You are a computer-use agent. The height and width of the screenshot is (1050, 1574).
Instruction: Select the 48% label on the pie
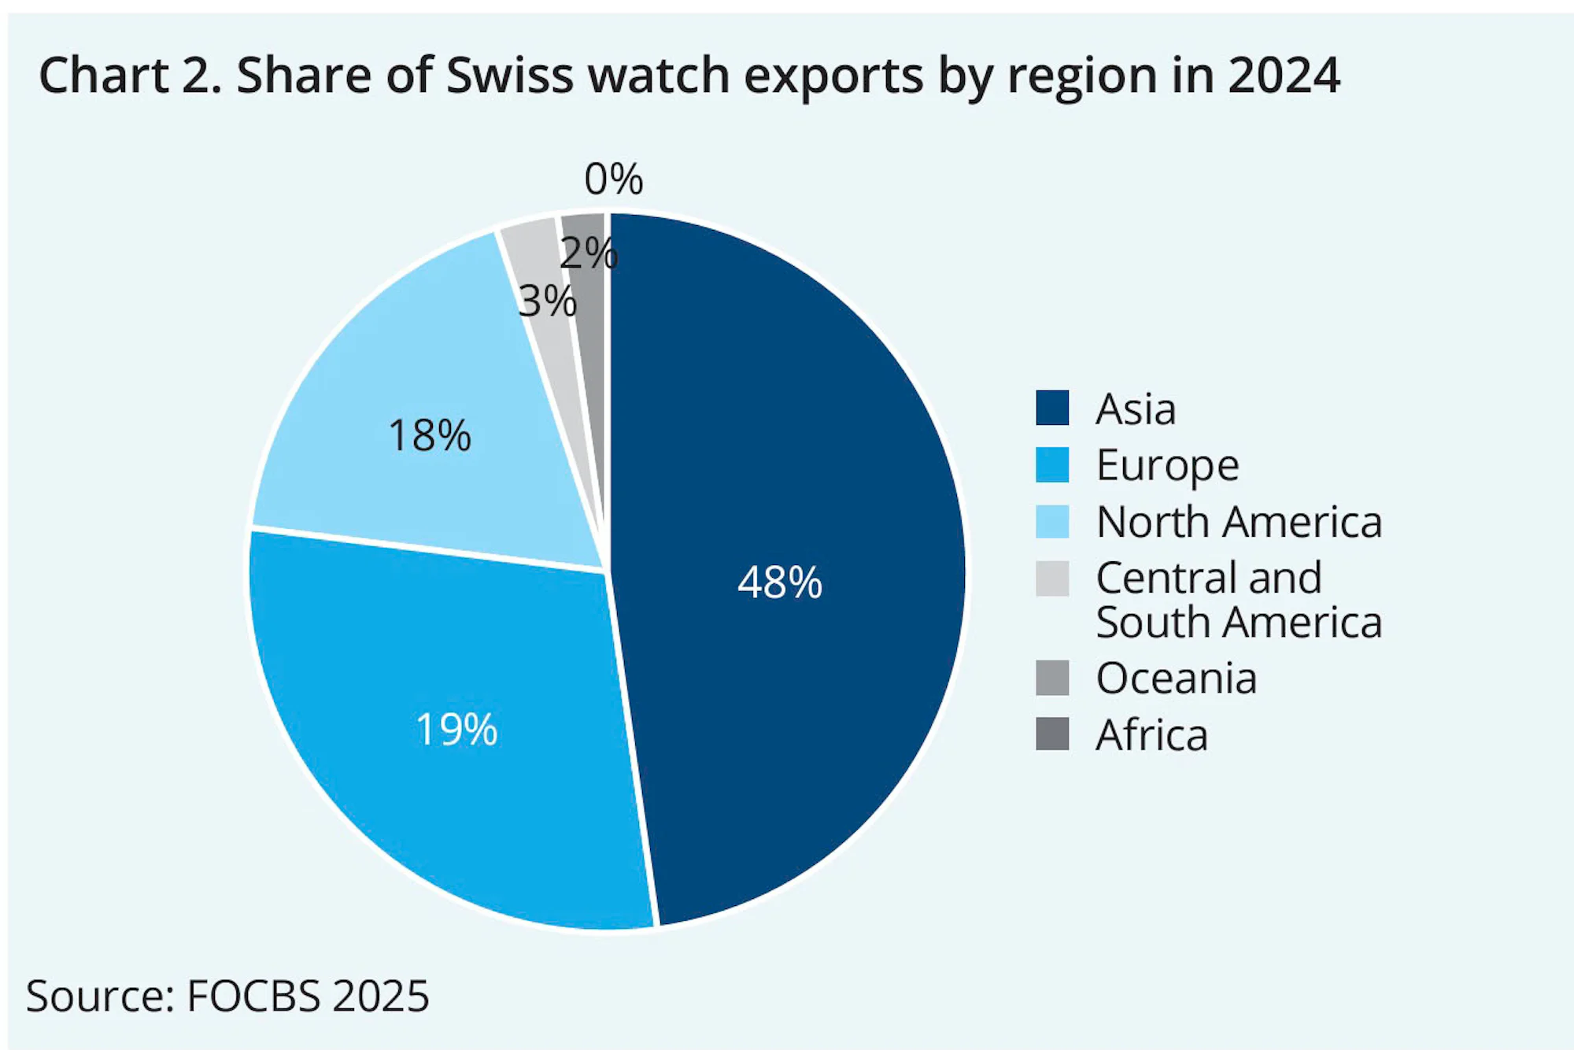pyautogui.click(x=779, y=583)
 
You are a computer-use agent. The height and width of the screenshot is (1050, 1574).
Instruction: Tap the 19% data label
pyautogui.click(x=456, y=730)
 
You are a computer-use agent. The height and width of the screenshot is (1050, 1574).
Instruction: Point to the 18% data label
pyautogui.click(x=430, y=435)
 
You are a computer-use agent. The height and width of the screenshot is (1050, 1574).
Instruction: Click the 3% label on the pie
pyautogui.click(x=547, y=301)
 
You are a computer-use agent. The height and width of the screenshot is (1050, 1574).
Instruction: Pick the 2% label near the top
pyautogui.click(x=589, y=253)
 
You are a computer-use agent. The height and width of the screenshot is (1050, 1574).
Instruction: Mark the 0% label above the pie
pyautogui.click(x=613, y=179)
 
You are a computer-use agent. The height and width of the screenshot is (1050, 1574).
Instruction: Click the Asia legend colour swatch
pyautogui.click(x=1052, y=408)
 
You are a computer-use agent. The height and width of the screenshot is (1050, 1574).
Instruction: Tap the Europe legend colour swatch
pyautogui.click(x=1052, y=464)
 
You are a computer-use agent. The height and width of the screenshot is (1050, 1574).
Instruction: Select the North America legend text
pyautogui.click(x=1239, y=522)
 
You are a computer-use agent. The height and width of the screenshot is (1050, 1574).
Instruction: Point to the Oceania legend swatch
pyautogui.click(x=1052, y=678)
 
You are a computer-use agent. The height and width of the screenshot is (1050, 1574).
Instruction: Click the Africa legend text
pyautogui.click(x=1151, y=735)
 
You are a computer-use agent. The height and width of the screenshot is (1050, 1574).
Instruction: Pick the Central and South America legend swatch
pyautogui.click(x=1052, y=579)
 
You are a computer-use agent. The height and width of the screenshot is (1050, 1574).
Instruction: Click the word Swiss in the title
pyautogui.click(x=509, y=76)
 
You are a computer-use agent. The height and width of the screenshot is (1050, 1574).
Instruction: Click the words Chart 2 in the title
pyautogui.click(x=129, y=76)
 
